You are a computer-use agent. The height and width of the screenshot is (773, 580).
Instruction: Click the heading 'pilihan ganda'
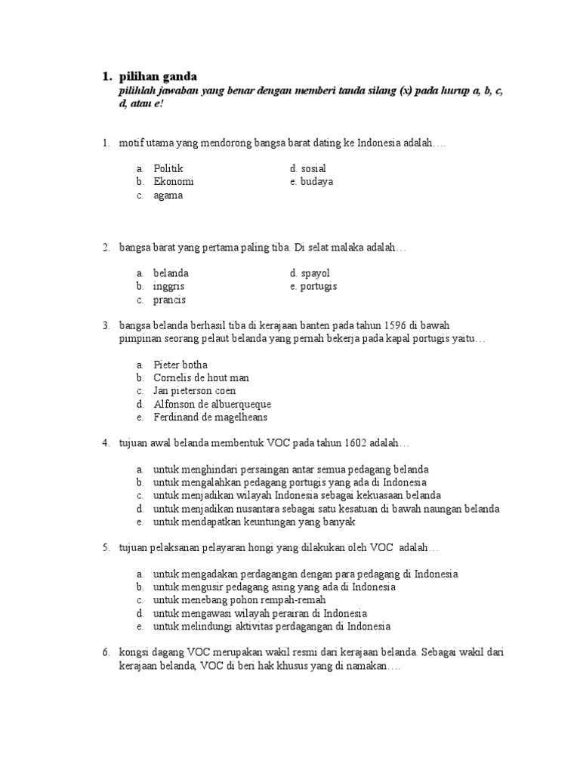point(158,76)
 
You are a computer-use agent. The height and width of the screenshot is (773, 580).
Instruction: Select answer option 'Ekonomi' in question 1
point(174,182)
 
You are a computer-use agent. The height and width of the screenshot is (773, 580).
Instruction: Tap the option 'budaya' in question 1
point(316,182)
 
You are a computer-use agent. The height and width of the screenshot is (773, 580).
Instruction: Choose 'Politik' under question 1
point(168,168)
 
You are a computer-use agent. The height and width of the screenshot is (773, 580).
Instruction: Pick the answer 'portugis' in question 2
point(318,287)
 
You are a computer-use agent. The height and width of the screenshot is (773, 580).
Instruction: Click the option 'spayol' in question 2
point(315,273)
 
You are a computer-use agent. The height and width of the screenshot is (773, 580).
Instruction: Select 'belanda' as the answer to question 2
point(171,273)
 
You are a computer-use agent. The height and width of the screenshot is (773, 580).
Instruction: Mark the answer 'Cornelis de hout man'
point(201,377)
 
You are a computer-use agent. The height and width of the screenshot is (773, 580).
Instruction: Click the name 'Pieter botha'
point(180,365)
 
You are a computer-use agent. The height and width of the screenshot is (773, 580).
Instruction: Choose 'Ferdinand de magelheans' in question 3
point(210,417)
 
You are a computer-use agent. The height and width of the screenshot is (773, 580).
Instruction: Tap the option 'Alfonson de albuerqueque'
point(212,405)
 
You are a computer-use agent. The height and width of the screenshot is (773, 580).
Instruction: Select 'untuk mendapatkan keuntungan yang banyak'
point(254,522)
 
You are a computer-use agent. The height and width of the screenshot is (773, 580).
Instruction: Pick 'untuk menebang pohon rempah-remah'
point(239,599)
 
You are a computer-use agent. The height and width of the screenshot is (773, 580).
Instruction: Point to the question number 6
point(106,651)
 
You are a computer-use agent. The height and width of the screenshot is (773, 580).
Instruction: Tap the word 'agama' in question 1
point(168,196)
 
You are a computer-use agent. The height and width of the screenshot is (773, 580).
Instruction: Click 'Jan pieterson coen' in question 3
point(195,391)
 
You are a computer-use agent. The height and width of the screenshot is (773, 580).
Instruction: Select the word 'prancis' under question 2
point(170,300)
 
